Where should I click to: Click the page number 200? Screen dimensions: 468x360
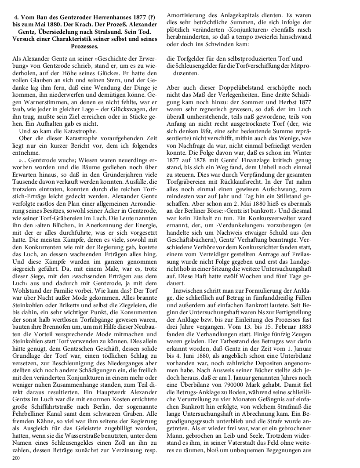[16, 458]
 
